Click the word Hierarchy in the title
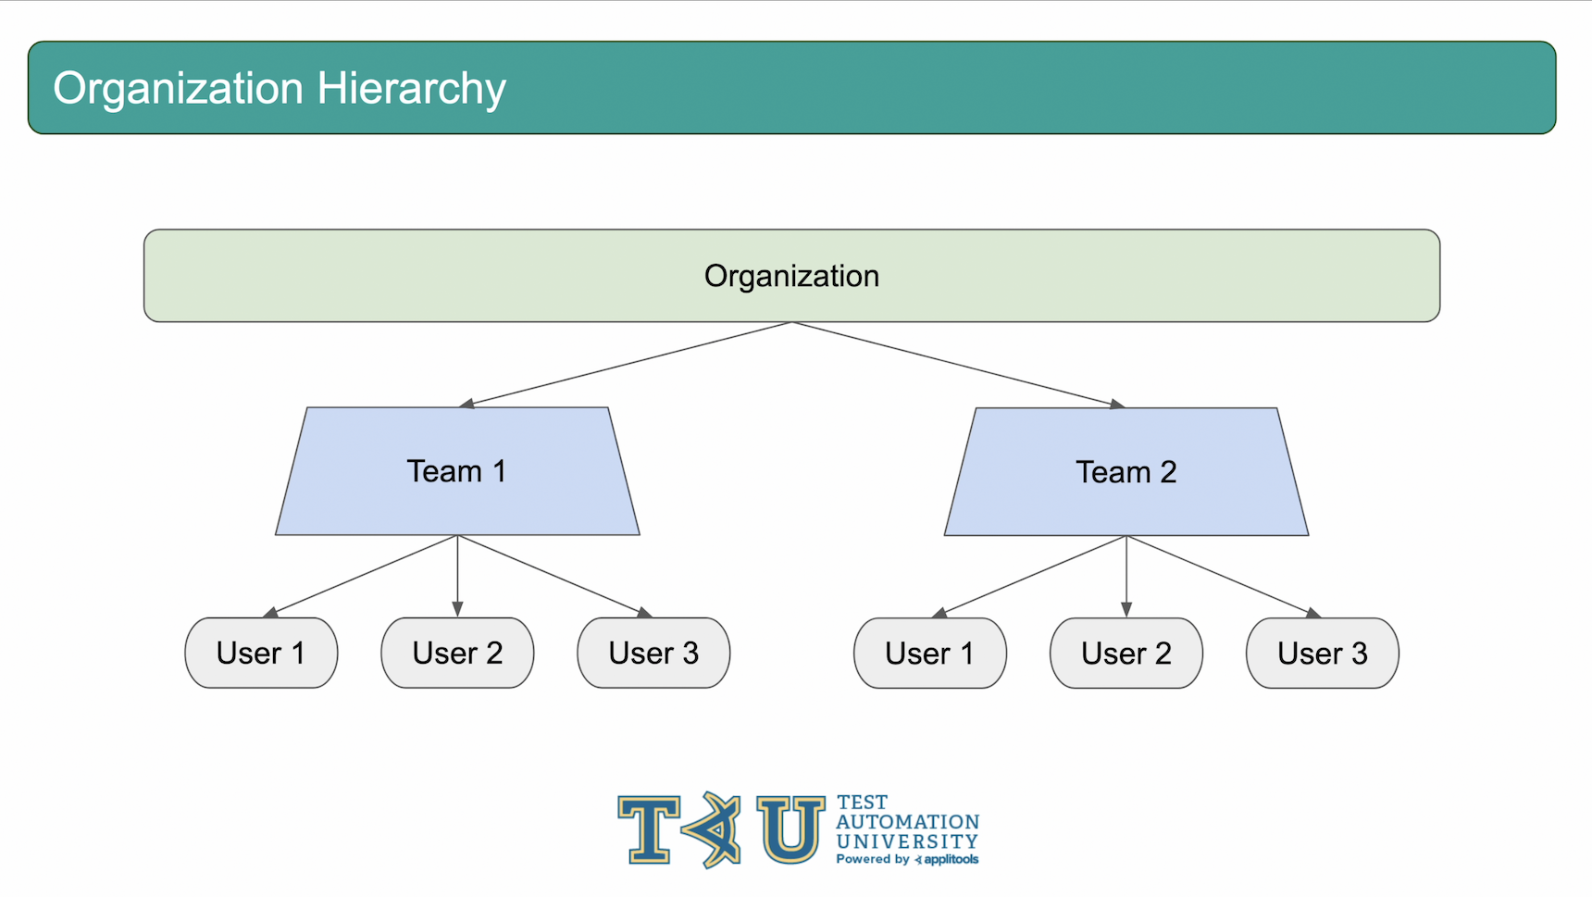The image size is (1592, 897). point(411,90)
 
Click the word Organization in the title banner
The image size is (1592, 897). point(179,89)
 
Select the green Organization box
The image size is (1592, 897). point(791,276)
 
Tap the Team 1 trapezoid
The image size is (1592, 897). point(457,471)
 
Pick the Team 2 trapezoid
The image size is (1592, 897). point(1126,472)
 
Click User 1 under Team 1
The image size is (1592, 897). point(261,653)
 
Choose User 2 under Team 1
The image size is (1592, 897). point(457,653)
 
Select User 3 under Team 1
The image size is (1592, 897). point(653,653)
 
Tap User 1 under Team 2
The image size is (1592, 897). point(930,654)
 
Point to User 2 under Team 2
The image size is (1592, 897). point(1126,654)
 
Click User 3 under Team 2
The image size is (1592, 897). point(1323,654)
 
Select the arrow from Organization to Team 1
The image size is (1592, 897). point(626,365)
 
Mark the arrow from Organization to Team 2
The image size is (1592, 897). point(959,365)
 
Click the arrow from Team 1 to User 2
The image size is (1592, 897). point(457,576)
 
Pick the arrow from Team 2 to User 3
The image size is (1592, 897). point(1225,577)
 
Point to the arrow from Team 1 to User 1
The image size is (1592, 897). point(360,576)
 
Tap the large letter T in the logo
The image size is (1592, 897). point(650,829)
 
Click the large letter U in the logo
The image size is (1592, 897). point(790,829)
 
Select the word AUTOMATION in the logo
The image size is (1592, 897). point(907,822)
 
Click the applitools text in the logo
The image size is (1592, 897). point(951,860)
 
